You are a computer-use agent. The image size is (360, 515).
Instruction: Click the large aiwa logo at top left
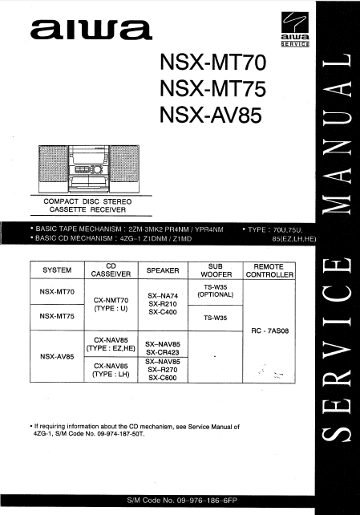point(91,30)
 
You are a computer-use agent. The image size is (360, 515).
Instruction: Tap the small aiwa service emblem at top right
point(295,29)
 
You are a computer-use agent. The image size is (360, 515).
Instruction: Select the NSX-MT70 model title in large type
point(212,63)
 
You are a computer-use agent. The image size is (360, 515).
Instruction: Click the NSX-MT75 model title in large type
point(212,89)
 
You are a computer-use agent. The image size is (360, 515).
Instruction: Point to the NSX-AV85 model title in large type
point(211,115)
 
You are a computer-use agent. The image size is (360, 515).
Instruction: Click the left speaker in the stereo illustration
point(53,168)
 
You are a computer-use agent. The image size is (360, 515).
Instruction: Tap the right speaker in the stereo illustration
point(124,168)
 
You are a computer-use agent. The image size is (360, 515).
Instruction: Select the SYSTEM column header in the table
point(57,270)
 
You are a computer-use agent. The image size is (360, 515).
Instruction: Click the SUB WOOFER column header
point(216,270)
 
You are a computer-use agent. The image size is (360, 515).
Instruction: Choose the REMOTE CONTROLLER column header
point(269,270)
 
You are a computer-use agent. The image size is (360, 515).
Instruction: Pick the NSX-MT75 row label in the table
point(57,316)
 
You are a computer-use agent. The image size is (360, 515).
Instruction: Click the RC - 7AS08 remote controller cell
point(269,330)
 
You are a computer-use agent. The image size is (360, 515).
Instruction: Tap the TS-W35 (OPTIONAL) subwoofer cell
point(215,290)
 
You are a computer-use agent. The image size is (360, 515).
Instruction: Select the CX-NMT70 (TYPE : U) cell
point(111,304)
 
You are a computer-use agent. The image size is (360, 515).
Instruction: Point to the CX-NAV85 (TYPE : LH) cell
point(111,370)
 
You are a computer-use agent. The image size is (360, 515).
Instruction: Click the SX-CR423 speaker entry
point(163,352)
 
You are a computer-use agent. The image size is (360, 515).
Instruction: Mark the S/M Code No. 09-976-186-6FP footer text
point(182,501)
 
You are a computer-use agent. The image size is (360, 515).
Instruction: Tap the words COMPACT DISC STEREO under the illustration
point(87,201)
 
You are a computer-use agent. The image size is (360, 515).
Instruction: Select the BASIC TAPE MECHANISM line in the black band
point(129,229)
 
